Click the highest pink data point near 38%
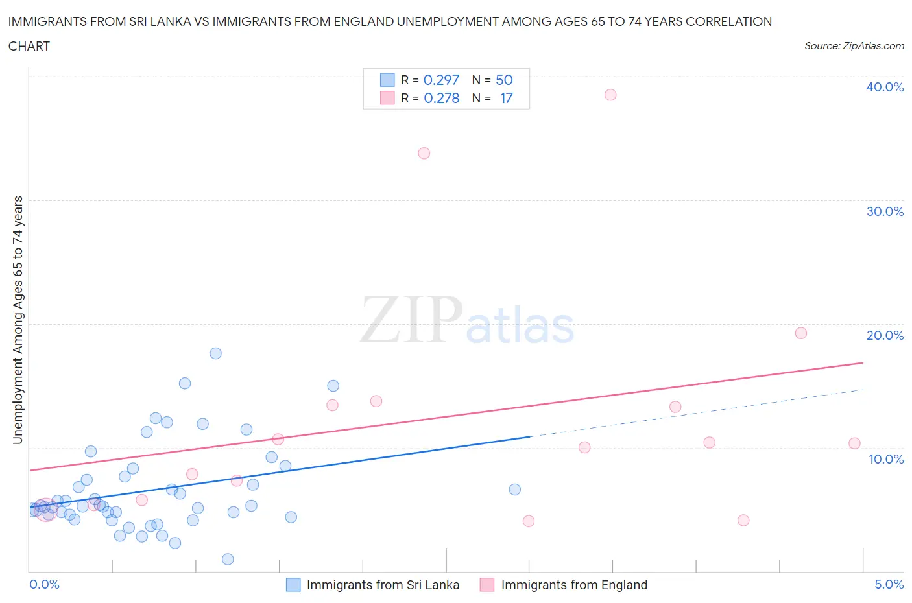[610, 95]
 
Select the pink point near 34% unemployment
[424, 153]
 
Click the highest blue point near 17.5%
[216, 353]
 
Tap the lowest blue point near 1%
[228, 559]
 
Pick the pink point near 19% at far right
[801, 333]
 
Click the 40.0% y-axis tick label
[885, 87]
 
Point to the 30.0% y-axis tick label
[885, 211]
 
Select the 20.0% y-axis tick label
[885, 335]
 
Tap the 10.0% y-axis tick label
[885, 459]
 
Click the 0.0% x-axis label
[45, 584]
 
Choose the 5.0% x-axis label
[889, 584]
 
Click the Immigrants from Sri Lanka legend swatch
[293, 585]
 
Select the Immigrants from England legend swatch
[487, 585]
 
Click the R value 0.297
[441, 80]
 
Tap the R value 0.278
[441, 98]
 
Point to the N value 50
[504, 80]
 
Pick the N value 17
[506, 98]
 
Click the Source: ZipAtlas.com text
[854, 45]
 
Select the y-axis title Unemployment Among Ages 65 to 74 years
[18, 320]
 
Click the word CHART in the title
[29, 46]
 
